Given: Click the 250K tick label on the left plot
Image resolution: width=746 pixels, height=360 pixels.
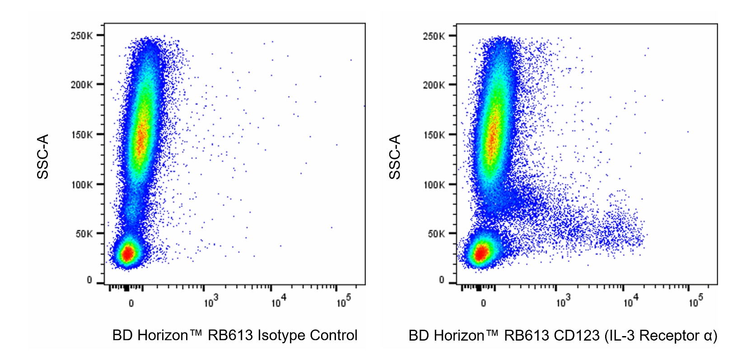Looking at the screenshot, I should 81,36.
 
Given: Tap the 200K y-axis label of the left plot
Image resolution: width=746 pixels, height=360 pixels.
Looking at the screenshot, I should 81,85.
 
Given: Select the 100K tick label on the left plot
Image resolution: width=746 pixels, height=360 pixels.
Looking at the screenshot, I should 81,185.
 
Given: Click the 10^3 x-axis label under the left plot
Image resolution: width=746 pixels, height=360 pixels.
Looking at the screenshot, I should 210,301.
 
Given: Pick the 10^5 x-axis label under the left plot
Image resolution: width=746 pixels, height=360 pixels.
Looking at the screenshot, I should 343,301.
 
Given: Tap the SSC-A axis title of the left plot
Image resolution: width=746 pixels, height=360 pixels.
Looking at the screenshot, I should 42,157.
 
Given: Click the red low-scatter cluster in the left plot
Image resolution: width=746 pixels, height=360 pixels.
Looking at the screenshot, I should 128,253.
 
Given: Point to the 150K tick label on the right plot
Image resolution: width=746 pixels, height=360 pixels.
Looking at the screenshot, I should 434,135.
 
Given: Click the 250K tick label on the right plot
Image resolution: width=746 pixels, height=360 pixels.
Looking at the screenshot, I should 434,36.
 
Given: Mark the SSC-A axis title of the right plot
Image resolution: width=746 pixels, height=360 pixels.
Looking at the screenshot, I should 395,157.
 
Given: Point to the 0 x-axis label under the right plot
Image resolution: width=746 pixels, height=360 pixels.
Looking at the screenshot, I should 483,303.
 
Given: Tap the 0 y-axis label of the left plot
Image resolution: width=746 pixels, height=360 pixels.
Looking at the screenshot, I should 89,281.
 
